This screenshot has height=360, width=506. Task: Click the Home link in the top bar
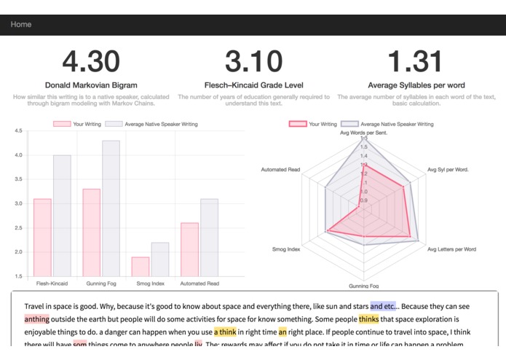21,24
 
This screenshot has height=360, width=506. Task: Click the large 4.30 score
91,62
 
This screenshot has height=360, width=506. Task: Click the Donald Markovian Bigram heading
91,85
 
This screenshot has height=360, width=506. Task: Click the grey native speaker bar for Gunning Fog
111,208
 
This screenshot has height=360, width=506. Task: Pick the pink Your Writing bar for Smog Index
141,266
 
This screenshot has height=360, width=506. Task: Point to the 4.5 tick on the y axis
17,131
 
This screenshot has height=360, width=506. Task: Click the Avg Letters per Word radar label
451,249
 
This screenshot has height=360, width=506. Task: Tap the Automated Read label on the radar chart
280,170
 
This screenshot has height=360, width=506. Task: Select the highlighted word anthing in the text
36,319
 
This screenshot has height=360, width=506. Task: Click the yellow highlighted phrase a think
225,332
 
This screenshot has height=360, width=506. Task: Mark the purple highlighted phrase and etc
383,306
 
